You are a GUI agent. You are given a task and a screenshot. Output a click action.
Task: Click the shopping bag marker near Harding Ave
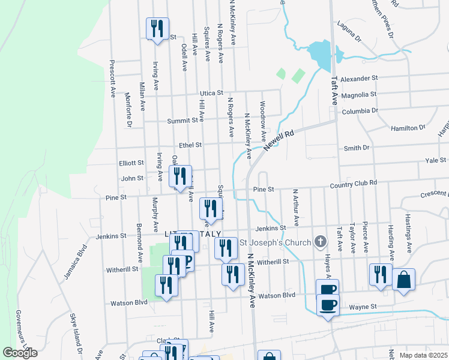point(404,280)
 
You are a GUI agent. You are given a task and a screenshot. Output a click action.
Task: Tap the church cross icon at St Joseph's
point(321,242)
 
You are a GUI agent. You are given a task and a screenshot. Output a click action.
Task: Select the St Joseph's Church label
point(276,242)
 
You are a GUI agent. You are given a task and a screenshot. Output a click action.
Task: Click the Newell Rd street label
point(279,140)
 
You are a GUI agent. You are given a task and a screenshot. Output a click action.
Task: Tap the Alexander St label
point(358,79)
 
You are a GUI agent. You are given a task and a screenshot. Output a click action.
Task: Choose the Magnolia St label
point(358,94)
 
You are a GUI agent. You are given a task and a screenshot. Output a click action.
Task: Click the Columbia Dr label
point(360,111)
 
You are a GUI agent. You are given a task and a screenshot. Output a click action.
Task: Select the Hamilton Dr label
point(408,128)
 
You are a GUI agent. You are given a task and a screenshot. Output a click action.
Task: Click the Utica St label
point(211,94)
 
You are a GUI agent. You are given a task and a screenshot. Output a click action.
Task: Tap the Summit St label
point(186,121)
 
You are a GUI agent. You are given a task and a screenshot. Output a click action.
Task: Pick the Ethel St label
point(190,145)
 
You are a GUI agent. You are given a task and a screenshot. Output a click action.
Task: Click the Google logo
point(20,353)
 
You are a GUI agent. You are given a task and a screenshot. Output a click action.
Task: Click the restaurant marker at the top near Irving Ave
point(157,28)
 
